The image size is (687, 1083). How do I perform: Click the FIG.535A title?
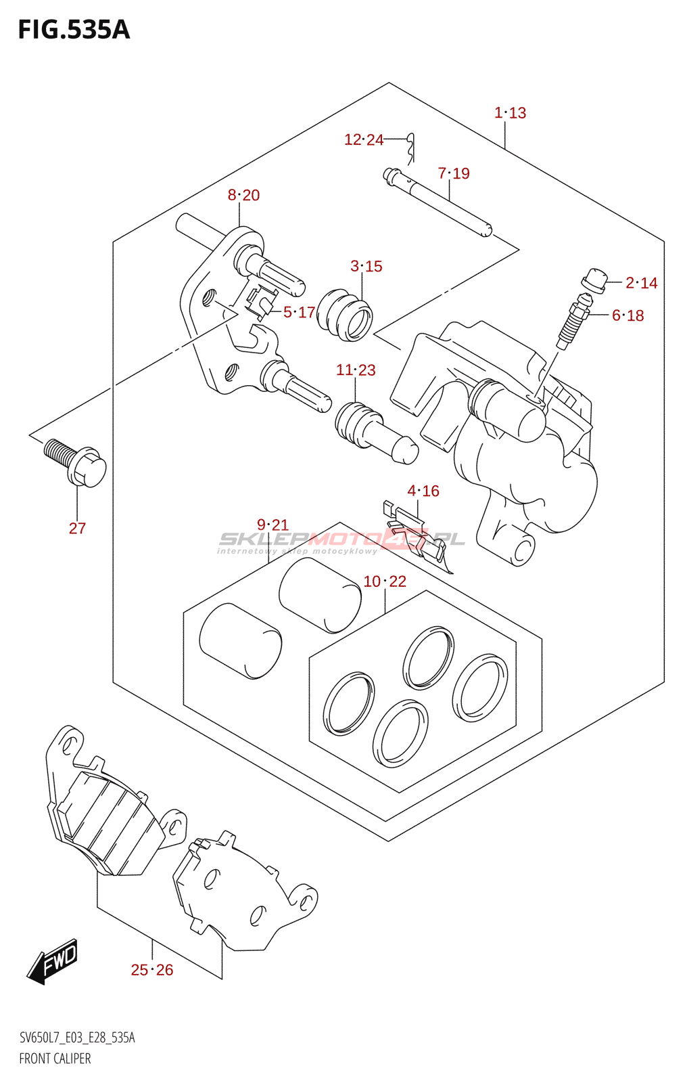(74, 30)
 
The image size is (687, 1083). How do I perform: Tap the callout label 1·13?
(510, 113)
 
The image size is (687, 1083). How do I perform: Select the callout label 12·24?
(364, 139)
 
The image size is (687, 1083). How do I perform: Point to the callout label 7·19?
(454, 173)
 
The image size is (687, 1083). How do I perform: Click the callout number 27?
(77, 528)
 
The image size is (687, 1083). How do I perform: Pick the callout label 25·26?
(152, 970)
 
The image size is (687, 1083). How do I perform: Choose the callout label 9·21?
(273, 525)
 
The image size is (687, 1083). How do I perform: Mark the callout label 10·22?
(385, 581)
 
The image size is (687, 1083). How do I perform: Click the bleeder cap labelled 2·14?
(594, 281)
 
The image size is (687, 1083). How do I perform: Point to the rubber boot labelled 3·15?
(346, 315)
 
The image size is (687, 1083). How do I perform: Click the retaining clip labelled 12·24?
(411, 148)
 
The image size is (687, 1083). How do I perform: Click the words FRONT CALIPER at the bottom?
(55, 1058)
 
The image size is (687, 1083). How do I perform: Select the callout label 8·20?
(243, 195)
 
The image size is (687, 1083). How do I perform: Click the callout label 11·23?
(356, 370)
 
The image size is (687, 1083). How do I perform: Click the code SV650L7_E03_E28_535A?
(77, 1038)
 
